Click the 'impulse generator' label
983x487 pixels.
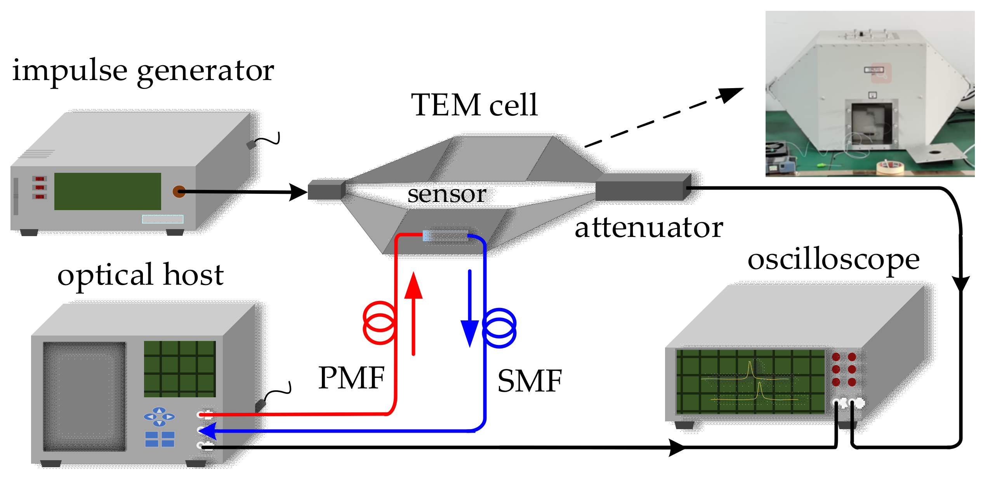point(143,71)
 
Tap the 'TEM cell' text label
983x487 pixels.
point(474,105)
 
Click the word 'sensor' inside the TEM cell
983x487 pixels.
point(446,194)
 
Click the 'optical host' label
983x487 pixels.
point(141,275)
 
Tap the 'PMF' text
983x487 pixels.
point(351,378)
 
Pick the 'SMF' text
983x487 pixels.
point(530,381)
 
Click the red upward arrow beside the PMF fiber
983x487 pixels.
point(413,311)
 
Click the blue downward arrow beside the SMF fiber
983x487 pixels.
point(470,311)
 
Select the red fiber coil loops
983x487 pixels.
point(379,323)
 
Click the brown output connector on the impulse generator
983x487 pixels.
point(179,191)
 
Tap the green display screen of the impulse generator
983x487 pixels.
point(108,191)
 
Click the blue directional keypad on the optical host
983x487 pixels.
point(159,417)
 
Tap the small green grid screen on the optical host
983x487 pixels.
point(180,369)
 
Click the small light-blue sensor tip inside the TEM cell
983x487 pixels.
point(426,236)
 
